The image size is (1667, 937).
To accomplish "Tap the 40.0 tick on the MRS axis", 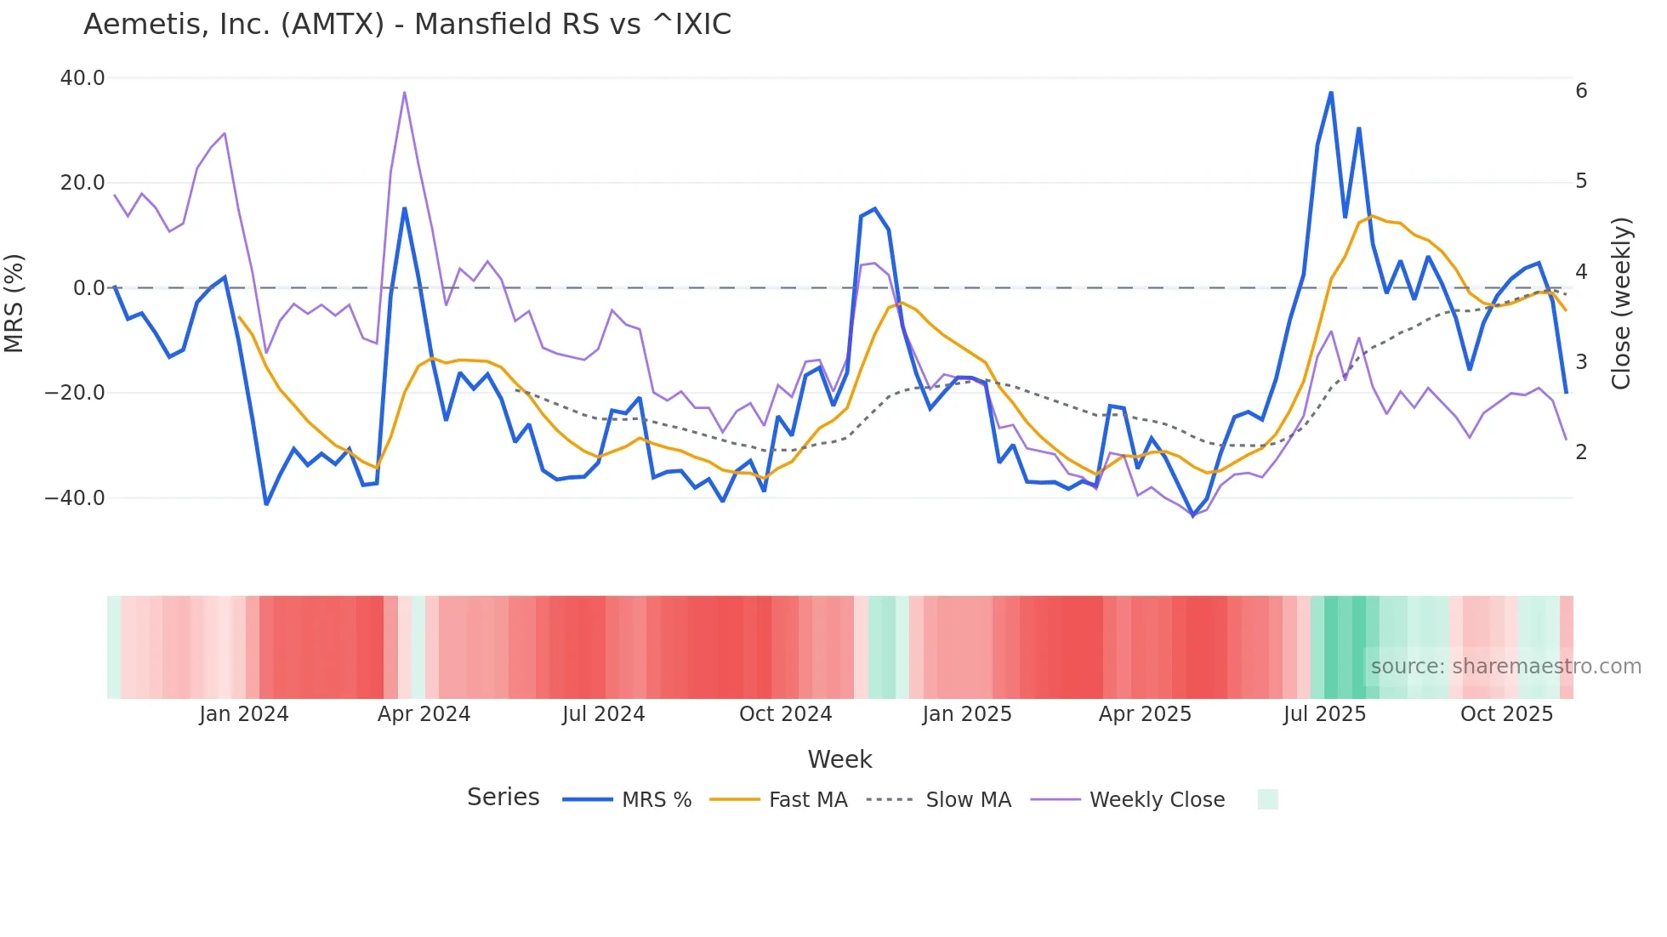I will click(x=82, y=78).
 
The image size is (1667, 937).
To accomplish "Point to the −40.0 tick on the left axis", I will click(x=75, y=498).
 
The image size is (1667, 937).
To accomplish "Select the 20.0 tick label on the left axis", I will click(x=82, y=183).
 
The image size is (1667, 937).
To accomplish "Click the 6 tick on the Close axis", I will click(x=1581, y=91).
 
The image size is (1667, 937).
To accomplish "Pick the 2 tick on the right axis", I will click(x=1581, y=452).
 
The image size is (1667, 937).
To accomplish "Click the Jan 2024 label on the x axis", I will click(x=244, y=714).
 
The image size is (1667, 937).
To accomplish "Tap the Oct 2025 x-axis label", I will click(x=1506, y=714).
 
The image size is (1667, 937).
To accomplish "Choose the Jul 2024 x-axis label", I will click(x=603, y=714).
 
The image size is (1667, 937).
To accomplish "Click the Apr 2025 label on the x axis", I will click(x=1145, y=714).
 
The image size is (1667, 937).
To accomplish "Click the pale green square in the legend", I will click(x=1267, y=800).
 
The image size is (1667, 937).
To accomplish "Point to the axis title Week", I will click(x=839, y=759).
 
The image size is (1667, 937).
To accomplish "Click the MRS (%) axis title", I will click(x=14, y=303).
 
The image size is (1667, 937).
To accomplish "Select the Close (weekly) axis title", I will click(x=1621, y=303).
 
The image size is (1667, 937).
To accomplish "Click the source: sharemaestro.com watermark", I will click(x=1505, y=667).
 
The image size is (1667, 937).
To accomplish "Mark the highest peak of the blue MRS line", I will click(x=1331, y=93).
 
